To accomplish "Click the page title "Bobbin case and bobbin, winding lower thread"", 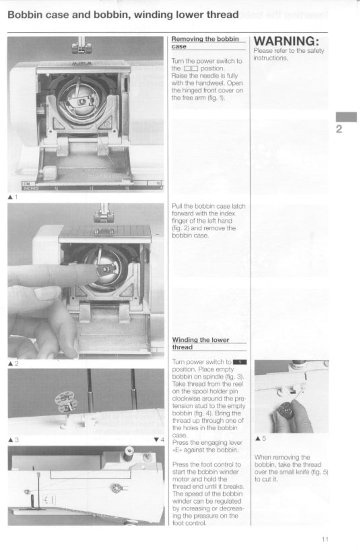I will tap(123, 15).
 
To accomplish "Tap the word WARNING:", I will tap(286, 41).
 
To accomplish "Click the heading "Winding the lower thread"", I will tap(200, 343).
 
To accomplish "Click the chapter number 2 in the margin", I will tap(339, 129).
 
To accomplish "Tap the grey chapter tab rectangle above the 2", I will tap(346, 117).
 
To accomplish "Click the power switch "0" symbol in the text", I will tap(191, 69).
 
